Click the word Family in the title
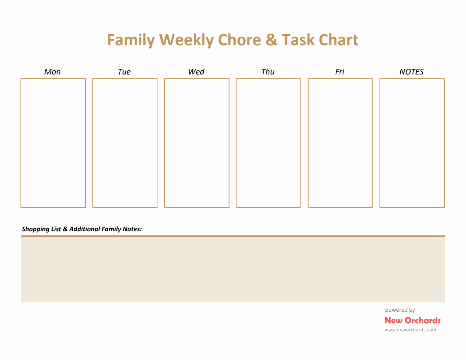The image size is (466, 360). click(131, 40)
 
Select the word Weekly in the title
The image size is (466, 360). click(186, 40)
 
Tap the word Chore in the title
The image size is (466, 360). click(239, 40)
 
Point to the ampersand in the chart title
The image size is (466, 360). click(271, 40)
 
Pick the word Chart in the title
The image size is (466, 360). click(338, 40)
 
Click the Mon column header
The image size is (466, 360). click(53, 72)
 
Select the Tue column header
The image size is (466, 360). click(124, 72)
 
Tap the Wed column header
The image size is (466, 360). click(196, 72)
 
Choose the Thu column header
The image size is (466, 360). click(268, 72)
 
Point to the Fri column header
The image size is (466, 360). click(340, 72)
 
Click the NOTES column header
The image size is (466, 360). click(411, 72)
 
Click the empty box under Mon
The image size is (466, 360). click(53, 143)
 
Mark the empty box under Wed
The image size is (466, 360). click(197, 143)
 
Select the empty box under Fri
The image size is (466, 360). click(340, 143)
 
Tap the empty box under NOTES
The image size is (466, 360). click(412, 143)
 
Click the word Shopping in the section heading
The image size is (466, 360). click(36, 229)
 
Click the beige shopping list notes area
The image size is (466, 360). click(233, 269)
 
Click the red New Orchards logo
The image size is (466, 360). click(412, 320)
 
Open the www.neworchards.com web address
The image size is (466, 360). click(410, 330)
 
